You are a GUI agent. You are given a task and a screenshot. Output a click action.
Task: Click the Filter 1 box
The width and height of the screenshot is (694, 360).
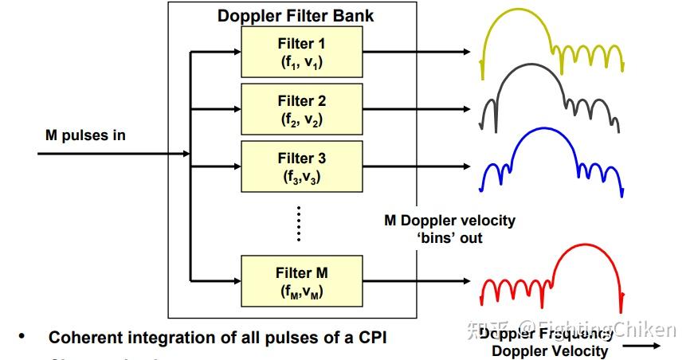point(302,53)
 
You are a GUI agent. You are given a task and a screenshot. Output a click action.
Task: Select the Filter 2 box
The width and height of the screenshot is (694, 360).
point(302,110)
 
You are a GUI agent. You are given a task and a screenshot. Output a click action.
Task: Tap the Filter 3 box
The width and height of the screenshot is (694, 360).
point(302,167)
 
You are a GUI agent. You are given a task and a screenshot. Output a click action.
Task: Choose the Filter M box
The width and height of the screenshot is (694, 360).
point(302,280)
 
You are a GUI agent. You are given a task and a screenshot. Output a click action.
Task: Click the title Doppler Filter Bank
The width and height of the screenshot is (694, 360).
point(295,16)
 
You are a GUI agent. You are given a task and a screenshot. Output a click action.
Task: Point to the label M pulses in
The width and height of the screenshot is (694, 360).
point(85,135)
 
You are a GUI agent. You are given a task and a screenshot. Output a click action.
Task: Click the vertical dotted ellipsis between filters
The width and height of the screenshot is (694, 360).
point(298,222)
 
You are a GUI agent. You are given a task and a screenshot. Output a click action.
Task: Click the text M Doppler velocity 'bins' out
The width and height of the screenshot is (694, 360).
point(449,229)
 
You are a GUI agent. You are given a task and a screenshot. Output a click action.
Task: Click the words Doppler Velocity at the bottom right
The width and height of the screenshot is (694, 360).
point(549,350)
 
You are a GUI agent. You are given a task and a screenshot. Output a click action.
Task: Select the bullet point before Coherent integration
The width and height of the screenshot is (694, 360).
point(22,337)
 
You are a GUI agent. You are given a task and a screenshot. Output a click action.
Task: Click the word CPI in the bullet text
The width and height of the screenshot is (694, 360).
point(370,337)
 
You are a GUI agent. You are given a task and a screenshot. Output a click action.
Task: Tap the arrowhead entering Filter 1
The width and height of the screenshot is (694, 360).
point(236,53)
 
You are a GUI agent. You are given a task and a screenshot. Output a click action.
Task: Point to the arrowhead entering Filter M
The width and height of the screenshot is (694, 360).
point(236,280)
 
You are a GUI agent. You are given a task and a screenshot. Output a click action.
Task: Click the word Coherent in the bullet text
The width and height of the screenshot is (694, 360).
point(83,337)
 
